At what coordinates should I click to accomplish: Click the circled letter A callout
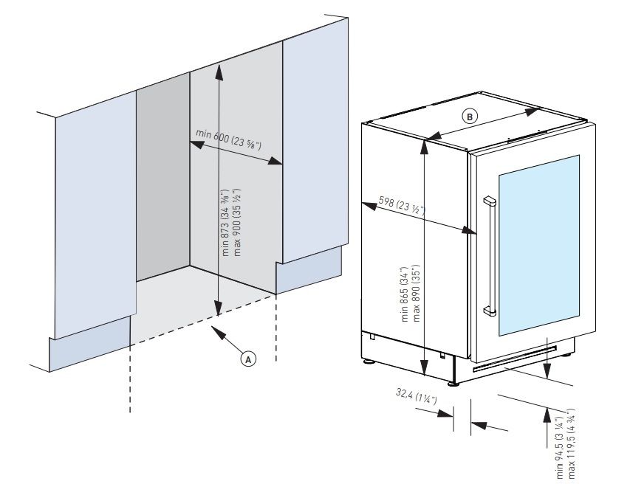249,359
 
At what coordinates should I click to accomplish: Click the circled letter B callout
470,116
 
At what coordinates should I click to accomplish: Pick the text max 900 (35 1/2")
238,221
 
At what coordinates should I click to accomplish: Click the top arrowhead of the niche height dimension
219,69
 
